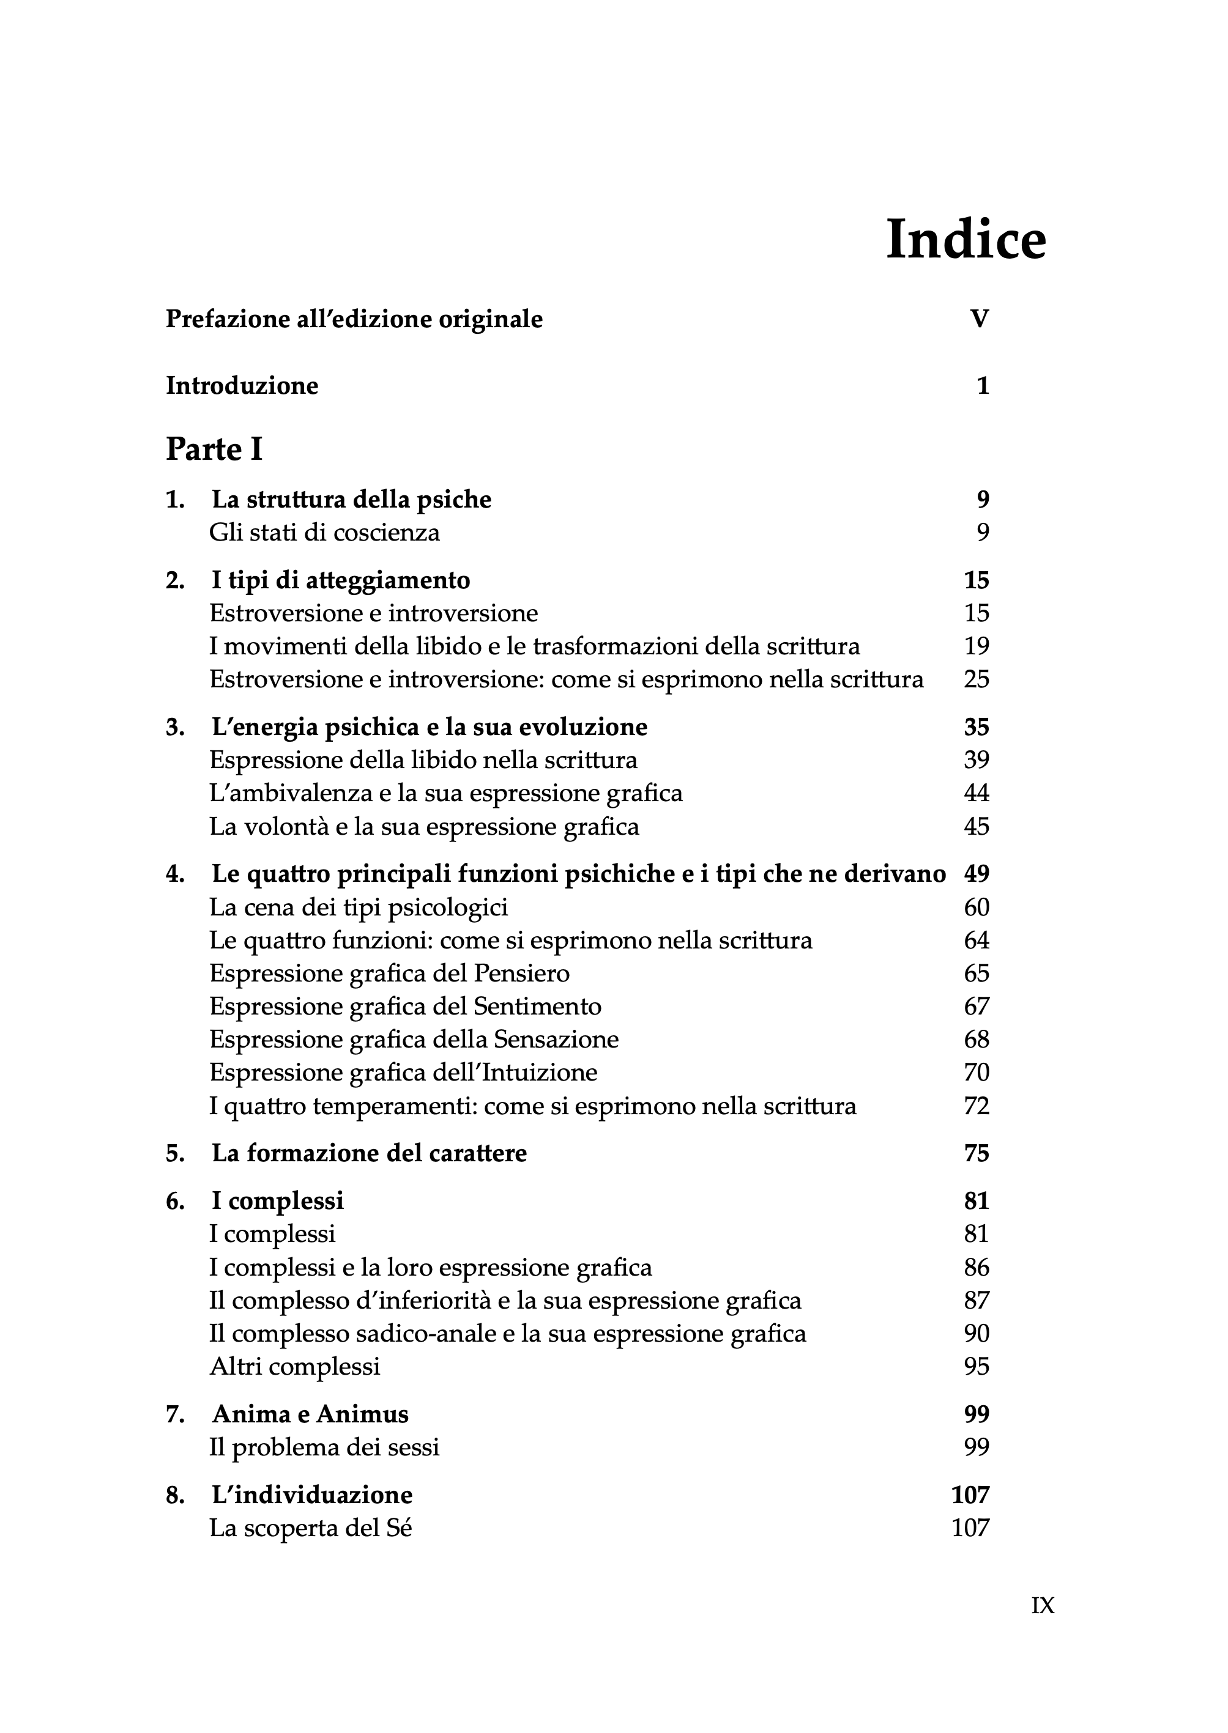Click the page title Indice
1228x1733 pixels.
point(966,240)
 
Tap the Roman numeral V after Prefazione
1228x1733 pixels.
point(979,319)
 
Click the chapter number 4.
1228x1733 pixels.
point(174,874)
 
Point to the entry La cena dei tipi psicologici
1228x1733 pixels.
point(359,907)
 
